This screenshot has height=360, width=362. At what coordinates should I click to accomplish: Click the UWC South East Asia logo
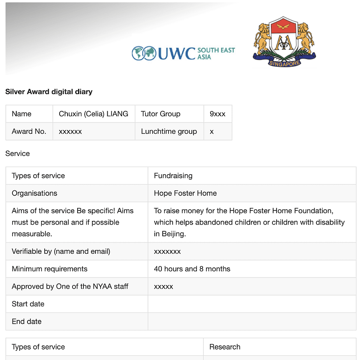point(184,53)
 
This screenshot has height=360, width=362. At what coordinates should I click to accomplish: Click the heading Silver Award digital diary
point(49,92)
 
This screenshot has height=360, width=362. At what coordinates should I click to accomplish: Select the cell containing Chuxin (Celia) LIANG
point(93,114)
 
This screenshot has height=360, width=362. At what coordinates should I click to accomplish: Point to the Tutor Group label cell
point(161,114)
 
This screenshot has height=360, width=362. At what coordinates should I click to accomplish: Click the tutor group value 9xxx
point(217,114)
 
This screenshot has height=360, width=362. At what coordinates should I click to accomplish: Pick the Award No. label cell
point(29,131)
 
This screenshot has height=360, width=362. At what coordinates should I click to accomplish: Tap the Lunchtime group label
point(169,131)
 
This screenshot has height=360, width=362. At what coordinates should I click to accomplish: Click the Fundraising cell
point(173,175)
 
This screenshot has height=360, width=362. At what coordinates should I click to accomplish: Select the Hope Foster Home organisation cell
point(185,193)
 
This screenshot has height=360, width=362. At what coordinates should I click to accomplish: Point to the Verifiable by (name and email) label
point(61,251)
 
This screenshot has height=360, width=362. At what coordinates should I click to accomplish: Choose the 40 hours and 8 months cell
point(192,269)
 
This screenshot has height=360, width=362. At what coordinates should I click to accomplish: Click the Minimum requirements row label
point(50,269)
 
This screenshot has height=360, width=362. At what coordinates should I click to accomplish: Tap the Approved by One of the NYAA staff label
point(70,286)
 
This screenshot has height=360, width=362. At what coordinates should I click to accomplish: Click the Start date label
point(28,304)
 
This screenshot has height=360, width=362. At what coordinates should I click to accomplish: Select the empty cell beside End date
point(251,321)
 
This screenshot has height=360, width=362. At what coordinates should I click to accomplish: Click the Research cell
point(225,347)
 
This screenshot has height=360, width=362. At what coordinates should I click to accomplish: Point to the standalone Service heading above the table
point(18,153)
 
